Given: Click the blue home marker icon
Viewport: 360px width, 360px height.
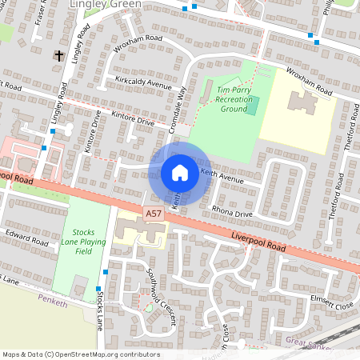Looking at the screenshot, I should pos(180,173).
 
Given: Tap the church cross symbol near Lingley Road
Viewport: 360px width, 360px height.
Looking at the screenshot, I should pos(58,56).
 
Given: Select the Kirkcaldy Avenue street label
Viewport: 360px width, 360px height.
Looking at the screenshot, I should pos(143,84).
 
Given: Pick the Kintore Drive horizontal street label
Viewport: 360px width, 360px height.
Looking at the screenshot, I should pos(133,120).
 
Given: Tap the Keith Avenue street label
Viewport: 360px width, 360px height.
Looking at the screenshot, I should pos(222,176).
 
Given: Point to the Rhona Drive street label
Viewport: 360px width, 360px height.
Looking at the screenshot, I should pos(231,214).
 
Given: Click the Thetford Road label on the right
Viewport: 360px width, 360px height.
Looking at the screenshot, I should pos(347,145).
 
